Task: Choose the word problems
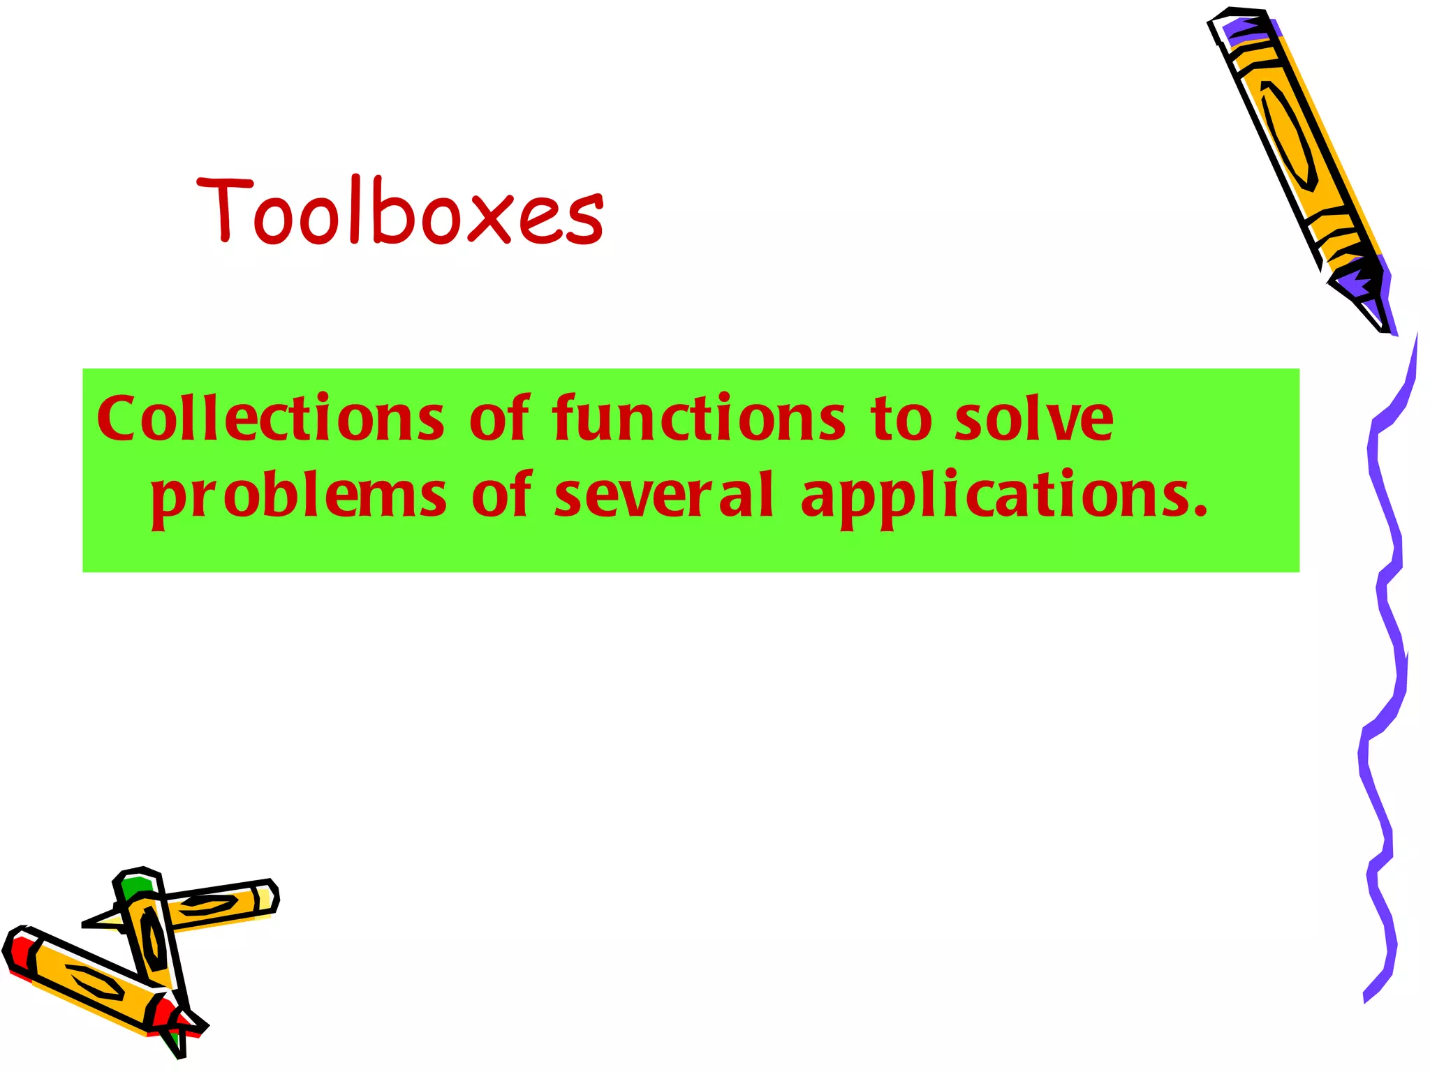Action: click(298, 497)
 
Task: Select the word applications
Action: click(994, 497)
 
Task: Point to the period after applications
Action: click(1200, 513)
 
